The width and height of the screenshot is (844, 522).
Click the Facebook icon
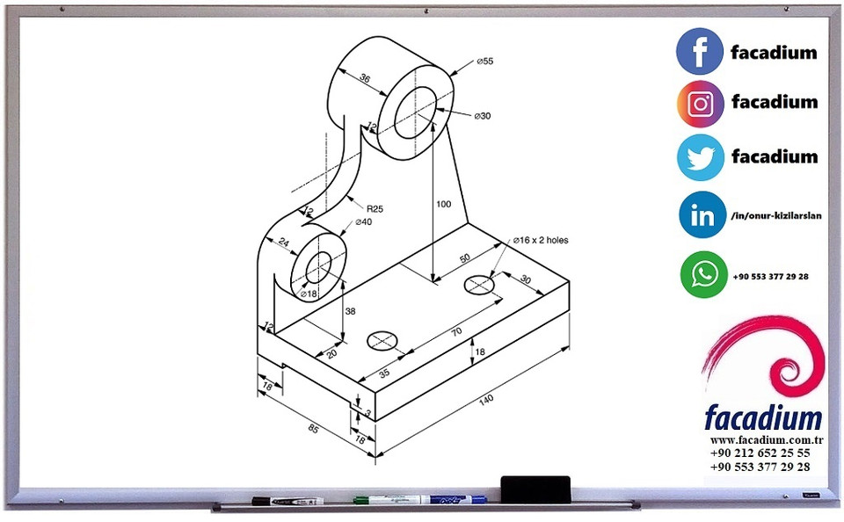coord(700,51)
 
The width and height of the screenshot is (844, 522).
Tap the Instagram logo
coord(700,104)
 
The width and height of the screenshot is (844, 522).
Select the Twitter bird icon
coord(700,157)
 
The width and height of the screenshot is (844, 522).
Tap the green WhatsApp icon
coord(703,275)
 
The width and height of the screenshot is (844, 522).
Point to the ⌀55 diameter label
coord(484,62)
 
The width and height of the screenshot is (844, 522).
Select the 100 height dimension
coord(443,204)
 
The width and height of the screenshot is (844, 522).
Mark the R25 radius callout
coord(375,208)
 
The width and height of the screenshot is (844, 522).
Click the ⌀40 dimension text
coord(363,222)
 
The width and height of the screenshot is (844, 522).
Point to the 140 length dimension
coord(485,400)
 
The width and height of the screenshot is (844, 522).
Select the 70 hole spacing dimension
coord(456,332)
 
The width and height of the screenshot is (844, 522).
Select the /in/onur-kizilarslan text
coord(775,216)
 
